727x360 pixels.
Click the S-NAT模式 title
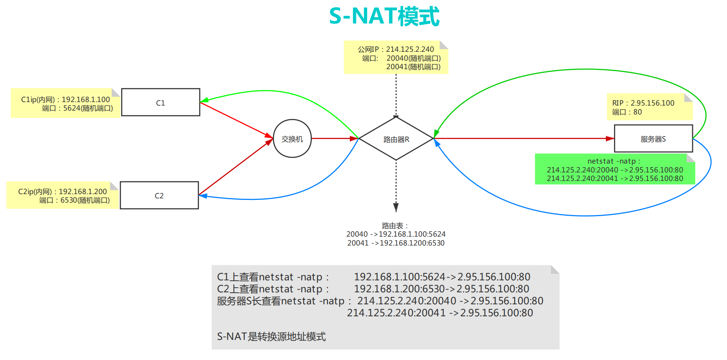pyautogui.click(x=384, y=17)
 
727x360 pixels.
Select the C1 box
pyautogui.click(x=161, y=102)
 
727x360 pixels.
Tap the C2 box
pyautogui.click(x=159, y=196)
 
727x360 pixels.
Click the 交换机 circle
pyautogui.click(x=292, y=139)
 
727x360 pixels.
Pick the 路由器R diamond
pyautogui.click(x=396, y=139)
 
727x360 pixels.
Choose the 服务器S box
pyautogui.click(x=653, y=139)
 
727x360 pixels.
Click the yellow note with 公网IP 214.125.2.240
pyautogui.click(x=396, y=58)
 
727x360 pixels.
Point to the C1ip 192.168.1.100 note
pyautogui.click(x=65, y=104)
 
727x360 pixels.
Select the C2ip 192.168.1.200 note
pyautogui.click(x=62, y=196)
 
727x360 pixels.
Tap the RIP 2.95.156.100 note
pyautogui.click(x=649, y=107)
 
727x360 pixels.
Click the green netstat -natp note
pyautogui.click(x=614, y=170)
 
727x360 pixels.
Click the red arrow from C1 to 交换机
pyautogui.click(x=236, y=119)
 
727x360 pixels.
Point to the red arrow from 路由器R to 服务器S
pyautogui.click(x=522, y=138)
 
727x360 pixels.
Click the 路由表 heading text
pyautogui.click(x=395, y=225)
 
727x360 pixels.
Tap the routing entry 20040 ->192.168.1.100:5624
pyautogui.click(x=396, y=234)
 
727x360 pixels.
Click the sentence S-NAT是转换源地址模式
pyautogui.click(x=271, y=336)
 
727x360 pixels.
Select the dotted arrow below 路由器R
pyautogui.click(x=396, y=186)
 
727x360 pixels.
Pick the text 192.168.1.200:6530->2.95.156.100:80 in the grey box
pyautogui.click(x=441, y=289)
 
